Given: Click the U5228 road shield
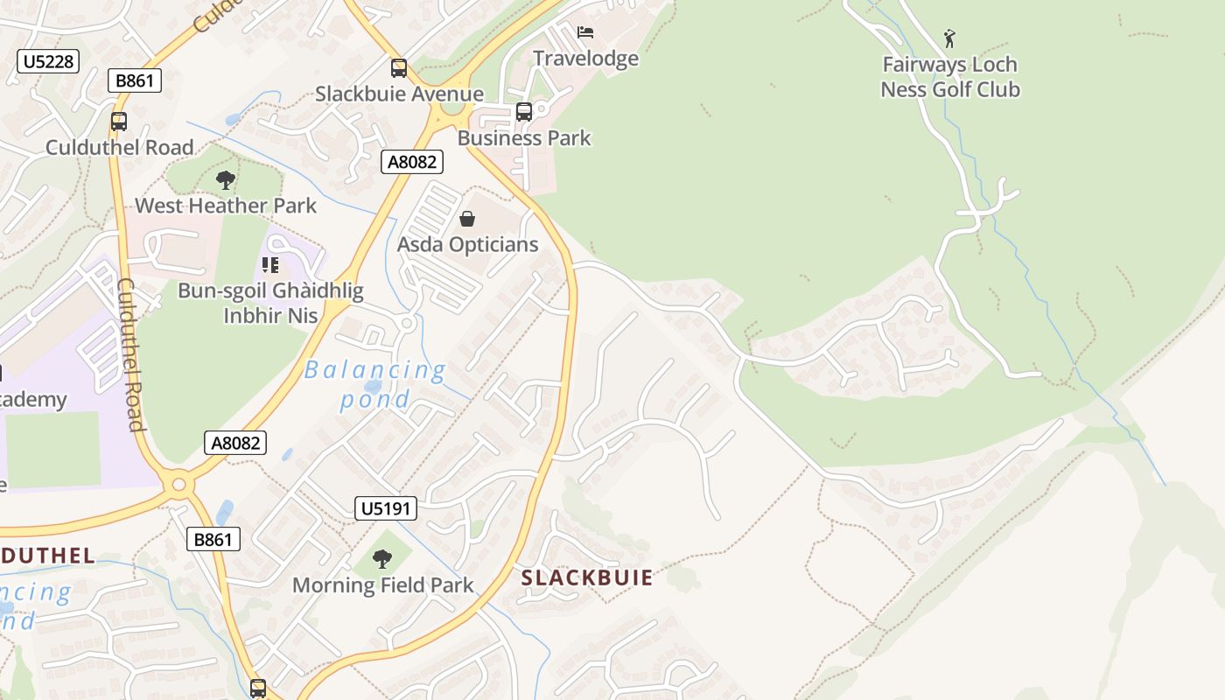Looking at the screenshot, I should click(x=48, y=61).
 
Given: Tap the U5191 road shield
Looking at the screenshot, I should click(x=386, y=508).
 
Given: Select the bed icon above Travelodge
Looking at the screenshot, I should click(x=585, y=33).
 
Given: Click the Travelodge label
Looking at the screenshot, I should click(x=585, y=59).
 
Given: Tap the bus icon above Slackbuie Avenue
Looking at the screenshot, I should click(x=399, y=67).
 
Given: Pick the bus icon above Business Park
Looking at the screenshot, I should click(x=524, y=111).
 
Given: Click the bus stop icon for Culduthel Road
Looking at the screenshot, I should click(x=119, y=121).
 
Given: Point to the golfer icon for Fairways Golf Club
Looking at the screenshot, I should click(x=949, y=38).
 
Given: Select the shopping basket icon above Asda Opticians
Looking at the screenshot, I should click(x=467, y=219).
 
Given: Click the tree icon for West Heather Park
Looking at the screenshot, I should click(x=226, y=180).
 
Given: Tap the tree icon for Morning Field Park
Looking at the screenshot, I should click(x=382, y=558).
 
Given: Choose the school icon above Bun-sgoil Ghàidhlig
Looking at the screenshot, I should click(x=270, y=264).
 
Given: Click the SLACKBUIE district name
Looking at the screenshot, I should click(x=587, y=577).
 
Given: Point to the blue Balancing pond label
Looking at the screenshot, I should click(x=375, y=384).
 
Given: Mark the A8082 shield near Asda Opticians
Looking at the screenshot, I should click(x=412, y=162).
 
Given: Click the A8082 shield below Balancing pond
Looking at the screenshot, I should click(x=236, y=443).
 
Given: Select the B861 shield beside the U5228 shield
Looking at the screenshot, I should click(x=135, y=81).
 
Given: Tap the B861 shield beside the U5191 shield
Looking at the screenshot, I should click(x=213, y=539).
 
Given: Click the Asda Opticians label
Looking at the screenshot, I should click(x=467, y=244).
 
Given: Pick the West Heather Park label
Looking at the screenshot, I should click(x=226, y=206).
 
